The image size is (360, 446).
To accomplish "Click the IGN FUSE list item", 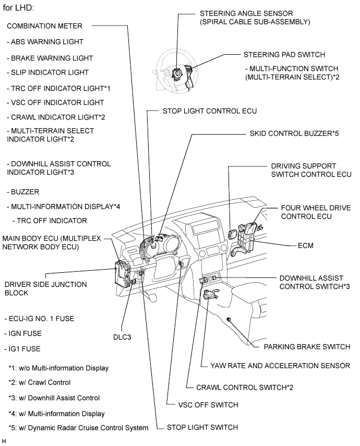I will click(x=24, y=333).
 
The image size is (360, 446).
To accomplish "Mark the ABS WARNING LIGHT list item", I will click(x=45, y=41).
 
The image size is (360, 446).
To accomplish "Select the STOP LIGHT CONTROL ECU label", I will click(x=202, y=111).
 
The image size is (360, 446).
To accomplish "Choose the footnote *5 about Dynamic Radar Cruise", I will click(x=78, y=428).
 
